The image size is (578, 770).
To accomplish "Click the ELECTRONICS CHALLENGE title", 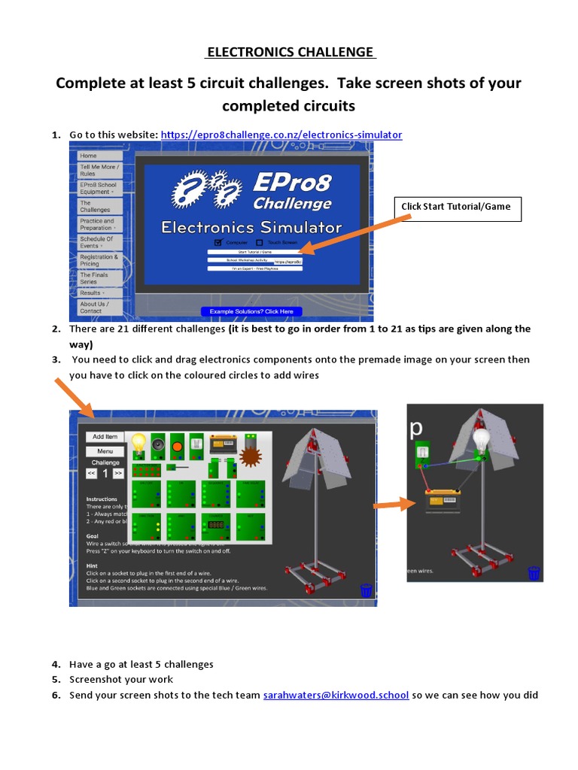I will (290, 52).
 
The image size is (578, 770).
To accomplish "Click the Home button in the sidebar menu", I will (90, 156).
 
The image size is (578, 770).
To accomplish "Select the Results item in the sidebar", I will (92, 293).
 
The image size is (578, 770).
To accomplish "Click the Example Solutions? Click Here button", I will (251, 311).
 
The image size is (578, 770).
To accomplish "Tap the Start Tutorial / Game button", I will (254, 252).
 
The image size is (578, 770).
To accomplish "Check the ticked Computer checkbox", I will (218, 242).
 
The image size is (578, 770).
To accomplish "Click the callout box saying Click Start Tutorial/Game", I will (457, 207).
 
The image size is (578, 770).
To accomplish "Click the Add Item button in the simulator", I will (105, 436).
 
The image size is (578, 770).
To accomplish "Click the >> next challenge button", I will (118, 473).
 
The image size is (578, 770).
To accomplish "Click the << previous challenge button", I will (91, 473).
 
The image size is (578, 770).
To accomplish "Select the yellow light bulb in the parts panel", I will (138, 443).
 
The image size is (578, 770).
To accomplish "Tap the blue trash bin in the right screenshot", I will (534, 573).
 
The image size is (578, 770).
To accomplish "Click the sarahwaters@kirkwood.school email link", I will (336, 696).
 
